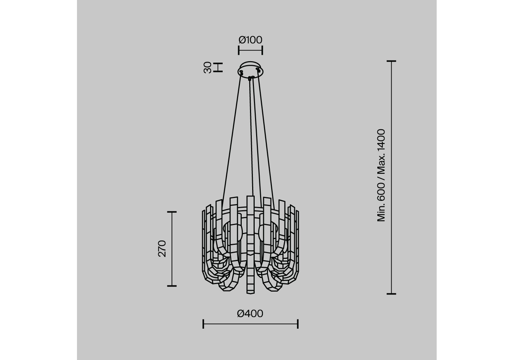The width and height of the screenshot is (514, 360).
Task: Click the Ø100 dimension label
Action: pos(250,40)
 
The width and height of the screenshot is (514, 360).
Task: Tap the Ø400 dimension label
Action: pos(250,314)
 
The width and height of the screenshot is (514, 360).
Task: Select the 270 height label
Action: pos(162,249)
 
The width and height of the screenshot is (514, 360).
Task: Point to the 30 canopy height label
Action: pos(208,68)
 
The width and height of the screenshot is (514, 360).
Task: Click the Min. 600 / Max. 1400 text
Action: pos(381,175)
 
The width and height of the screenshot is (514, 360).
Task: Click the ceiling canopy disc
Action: pos(250,69)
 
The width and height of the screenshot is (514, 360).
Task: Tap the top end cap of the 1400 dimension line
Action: pos(391,61)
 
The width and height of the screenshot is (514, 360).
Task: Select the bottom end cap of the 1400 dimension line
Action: pos(391,294)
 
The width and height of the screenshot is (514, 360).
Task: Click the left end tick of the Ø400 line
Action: pos(203,324)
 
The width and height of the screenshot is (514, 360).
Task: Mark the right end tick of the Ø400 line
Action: pos(297,324)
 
